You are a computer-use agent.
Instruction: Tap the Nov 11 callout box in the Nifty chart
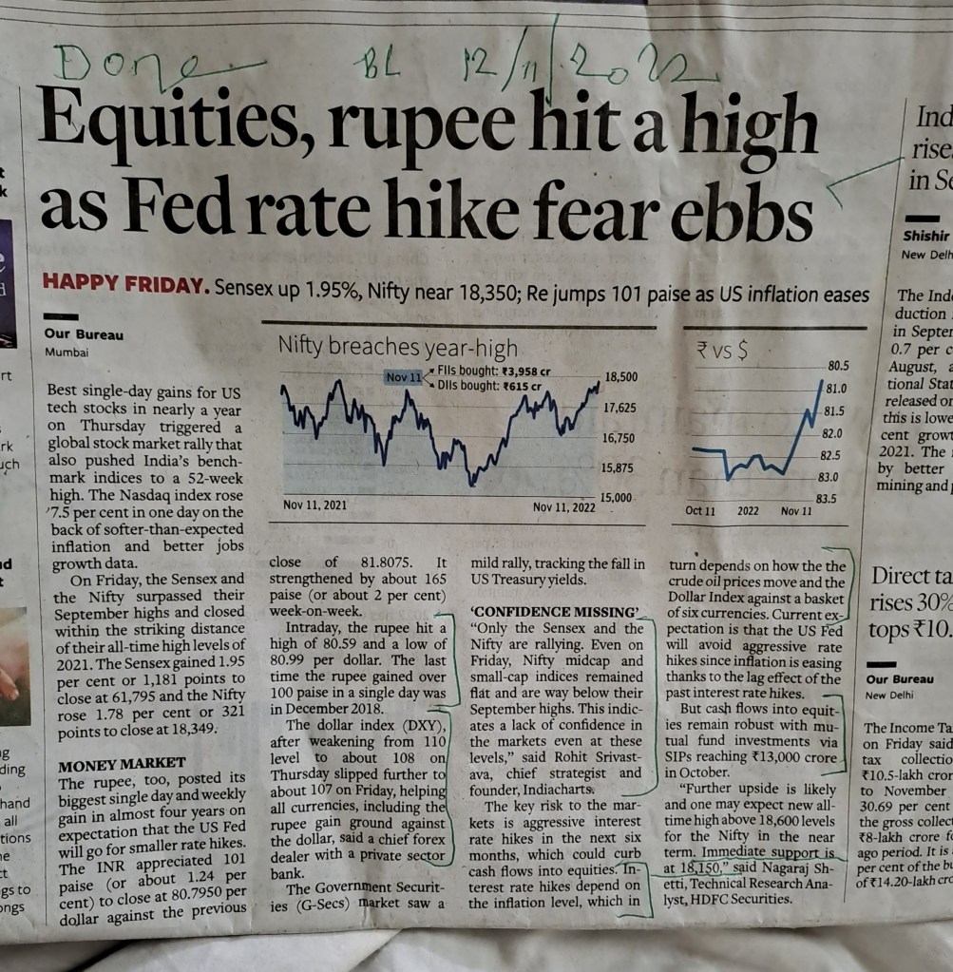coord(403,378)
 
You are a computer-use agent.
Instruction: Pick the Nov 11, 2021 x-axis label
coord(315,505)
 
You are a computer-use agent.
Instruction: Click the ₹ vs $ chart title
coord(721,353)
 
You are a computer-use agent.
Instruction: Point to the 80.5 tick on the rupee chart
coord(837,366)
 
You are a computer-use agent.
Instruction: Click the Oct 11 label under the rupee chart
coord(700,511)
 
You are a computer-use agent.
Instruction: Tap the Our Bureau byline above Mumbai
coord(84,334)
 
